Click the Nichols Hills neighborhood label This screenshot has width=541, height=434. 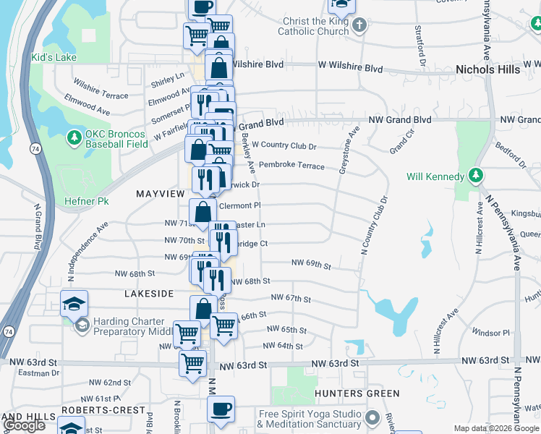(488, 69)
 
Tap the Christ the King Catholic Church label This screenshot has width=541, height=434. (316, 27)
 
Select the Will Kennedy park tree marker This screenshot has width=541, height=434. (475, 176)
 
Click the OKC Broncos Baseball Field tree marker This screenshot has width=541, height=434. (73, 137)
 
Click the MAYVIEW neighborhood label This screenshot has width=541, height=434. (161, 194)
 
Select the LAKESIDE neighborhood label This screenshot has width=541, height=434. (149, 294)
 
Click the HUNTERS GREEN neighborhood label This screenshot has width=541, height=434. (357, 393)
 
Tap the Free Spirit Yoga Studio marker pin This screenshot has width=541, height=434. (372, 417)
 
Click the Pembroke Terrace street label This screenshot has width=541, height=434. (291, 166)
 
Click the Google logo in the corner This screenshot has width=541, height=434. (24, 425)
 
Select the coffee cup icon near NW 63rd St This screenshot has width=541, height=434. (221, 407)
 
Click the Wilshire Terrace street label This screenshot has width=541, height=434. (100, 90)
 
